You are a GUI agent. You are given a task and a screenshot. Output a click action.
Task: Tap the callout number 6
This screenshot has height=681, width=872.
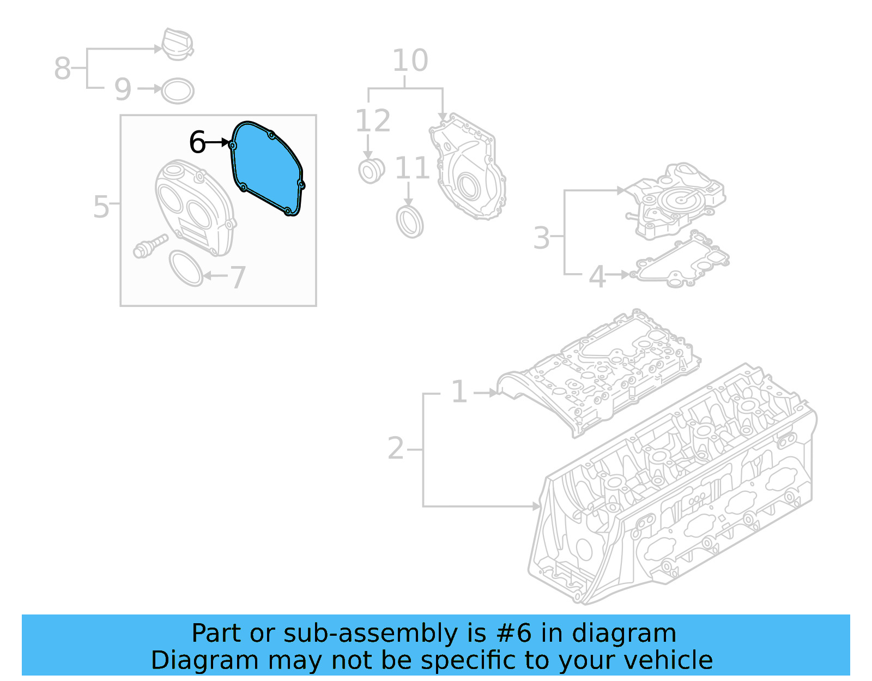pos(197,143)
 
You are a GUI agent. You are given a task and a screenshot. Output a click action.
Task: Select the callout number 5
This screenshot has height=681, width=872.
pos(101,207)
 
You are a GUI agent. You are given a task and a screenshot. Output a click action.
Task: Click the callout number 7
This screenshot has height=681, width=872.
pos(238,278)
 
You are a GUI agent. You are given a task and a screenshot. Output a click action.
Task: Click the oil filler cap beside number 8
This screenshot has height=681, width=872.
pos(177,44)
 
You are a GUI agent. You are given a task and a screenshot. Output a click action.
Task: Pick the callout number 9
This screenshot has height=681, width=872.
pos(123,89)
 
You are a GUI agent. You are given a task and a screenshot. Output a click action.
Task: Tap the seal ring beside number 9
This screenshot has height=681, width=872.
pos(178,91)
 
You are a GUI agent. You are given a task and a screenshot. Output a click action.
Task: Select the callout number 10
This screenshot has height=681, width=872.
pos(410,61)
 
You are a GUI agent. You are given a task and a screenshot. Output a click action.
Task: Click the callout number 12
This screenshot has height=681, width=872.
pos(373,121)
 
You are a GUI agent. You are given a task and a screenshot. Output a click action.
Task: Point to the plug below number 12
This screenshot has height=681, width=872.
pos(371,171)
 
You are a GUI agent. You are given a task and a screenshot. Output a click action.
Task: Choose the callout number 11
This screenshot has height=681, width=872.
pos(412,168)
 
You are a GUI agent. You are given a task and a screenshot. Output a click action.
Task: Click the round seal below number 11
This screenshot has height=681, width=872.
pos(410,222)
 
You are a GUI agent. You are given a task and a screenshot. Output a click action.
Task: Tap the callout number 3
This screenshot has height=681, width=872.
pos(541,238)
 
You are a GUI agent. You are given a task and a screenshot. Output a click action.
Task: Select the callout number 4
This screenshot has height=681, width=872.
pos(597,276)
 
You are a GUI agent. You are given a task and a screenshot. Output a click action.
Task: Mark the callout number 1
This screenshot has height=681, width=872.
pos(459,392)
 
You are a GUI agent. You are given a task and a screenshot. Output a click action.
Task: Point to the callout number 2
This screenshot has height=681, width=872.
pos(396,449)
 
